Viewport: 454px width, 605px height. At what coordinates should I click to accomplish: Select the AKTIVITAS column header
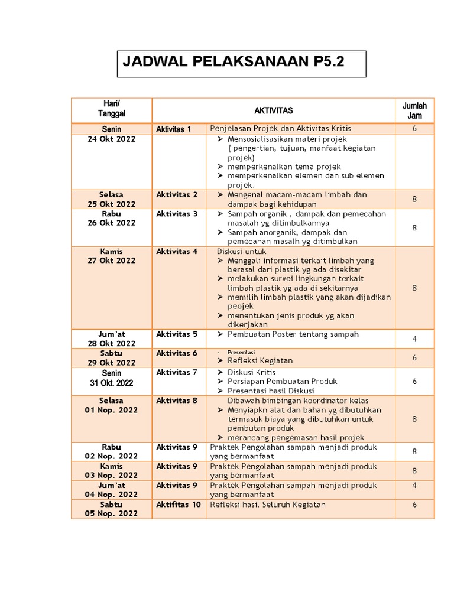pos(273,110)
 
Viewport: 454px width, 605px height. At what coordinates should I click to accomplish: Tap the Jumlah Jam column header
pos(414,110)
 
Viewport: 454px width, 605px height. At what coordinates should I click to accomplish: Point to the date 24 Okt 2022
pos(111,139)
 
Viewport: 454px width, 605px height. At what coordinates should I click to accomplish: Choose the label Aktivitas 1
pos(174,129)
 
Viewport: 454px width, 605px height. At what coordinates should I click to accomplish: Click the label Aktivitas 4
pos(177,251)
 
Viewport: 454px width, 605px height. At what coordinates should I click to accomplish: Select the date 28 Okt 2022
pos(111,343)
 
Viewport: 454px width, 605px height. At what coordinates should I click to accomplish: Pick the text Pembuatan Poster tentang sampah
pos(293,334)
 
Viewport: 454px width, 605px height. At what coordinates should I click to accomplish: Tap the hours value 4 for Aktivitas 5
pos(414,339)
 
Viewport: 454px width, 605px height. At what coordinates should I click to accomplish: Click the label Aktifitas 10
pos(179,505)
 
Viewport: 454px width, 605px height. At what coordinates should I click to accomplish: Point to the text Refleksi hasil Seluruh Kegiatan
pos(268,505)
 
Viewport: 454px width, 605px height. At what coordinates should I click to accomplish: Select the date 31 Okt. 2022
pos(111,383)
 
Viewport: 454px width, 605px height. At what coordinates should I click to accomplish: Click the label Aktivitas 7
pos(177,372)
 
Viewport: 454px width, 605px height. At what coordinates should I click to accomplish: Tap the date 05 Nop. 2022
pos(111,513)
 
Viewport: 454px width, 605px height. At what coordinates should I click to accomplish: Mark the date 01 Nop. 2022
pos(111,410)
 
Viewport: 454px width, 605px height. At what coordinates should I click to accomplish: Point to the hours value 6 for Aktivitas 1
pos(414,129)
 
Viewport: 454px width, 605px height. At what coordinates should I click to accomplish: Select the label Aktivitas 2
pos(177,194)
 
